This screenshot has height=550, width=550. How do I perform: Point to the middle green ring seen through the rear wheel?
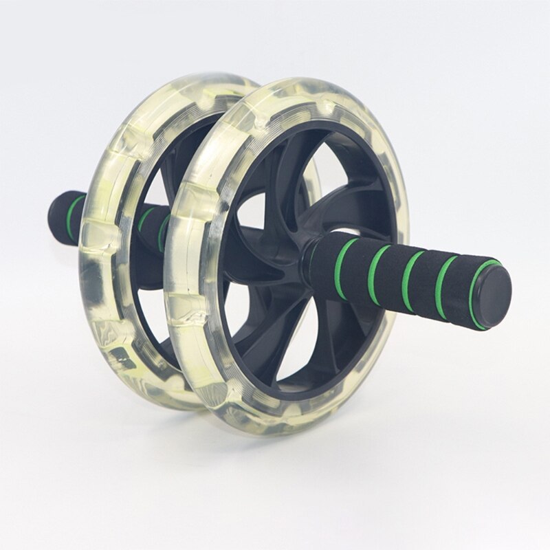point(145,220)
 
